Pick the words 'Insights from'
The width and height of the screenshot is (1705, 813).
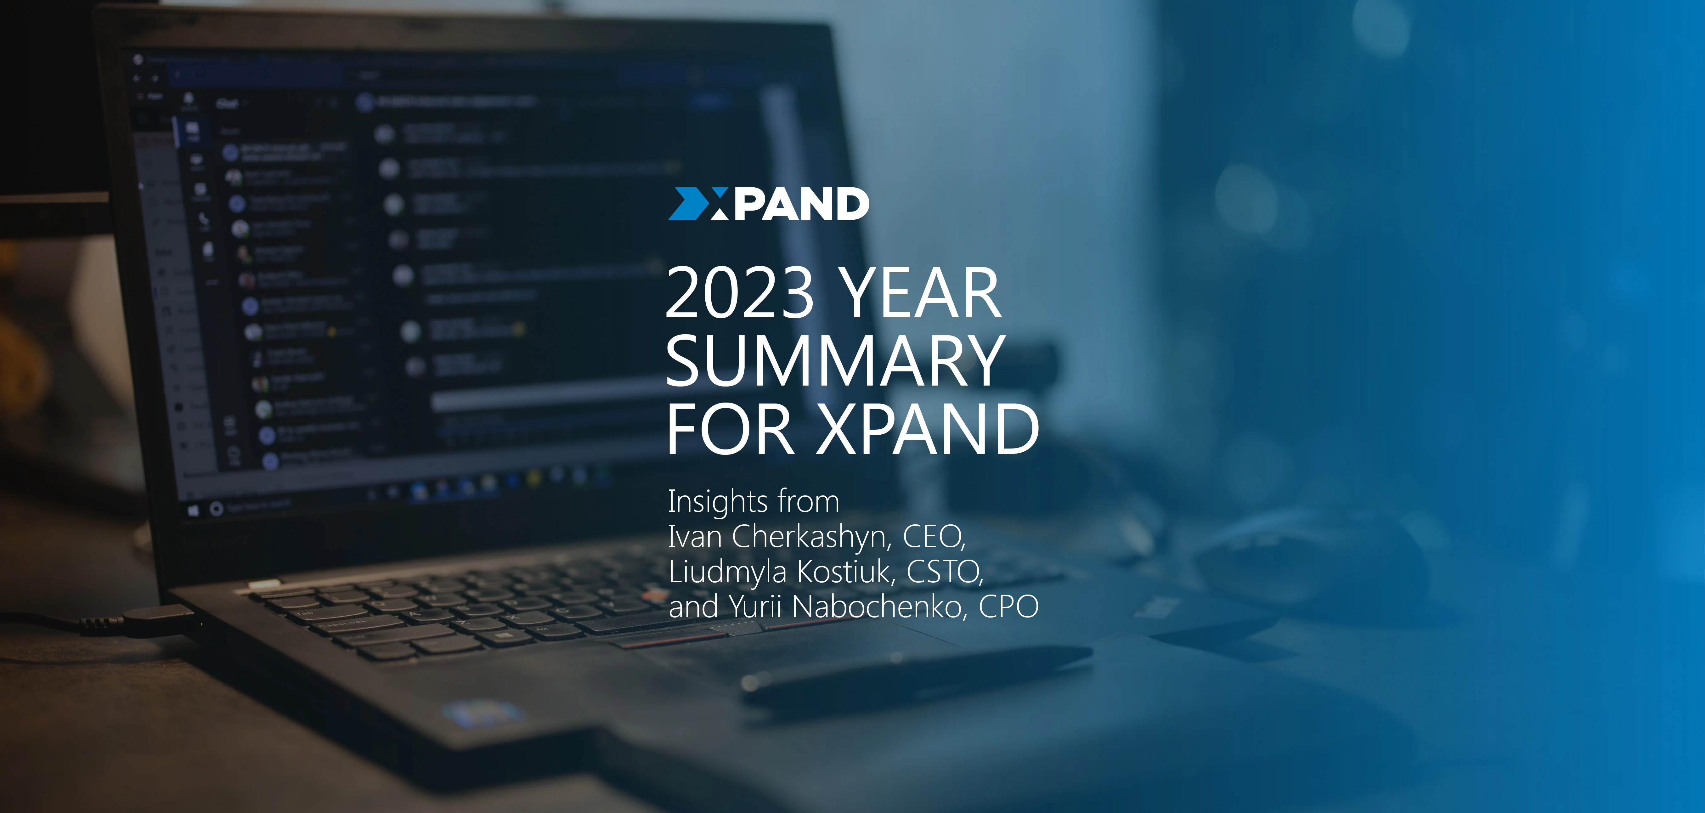coord(753,501)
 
